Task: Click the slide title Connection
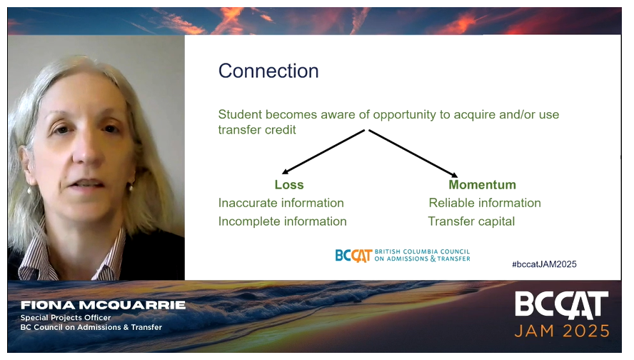coord(268,71)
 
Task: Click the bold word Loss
coord(289,185)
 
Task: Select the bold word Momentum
coord(482,185)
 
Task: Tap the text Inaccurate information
coord(281,203)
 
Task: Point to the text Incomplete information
coord(282,221)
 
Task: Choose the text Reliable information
coord(484,203)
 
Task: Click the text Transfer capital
coord(471,221)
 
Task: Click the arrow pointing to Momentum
coord(413,153)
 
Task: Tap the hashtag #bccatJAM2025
coord(544,264)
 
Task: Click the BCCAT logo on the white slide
coord(353,255)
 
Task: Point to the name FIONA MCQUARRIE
coord(103,305)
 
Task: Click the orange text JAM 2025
coord(563,331)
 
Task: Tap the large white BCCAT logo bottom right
coord(562,305)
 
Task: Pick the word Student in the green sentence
coord(239,114)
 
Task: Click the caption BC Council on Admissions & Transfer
coord(91,327)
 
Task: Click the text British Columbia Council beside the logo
coord(422,251)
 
